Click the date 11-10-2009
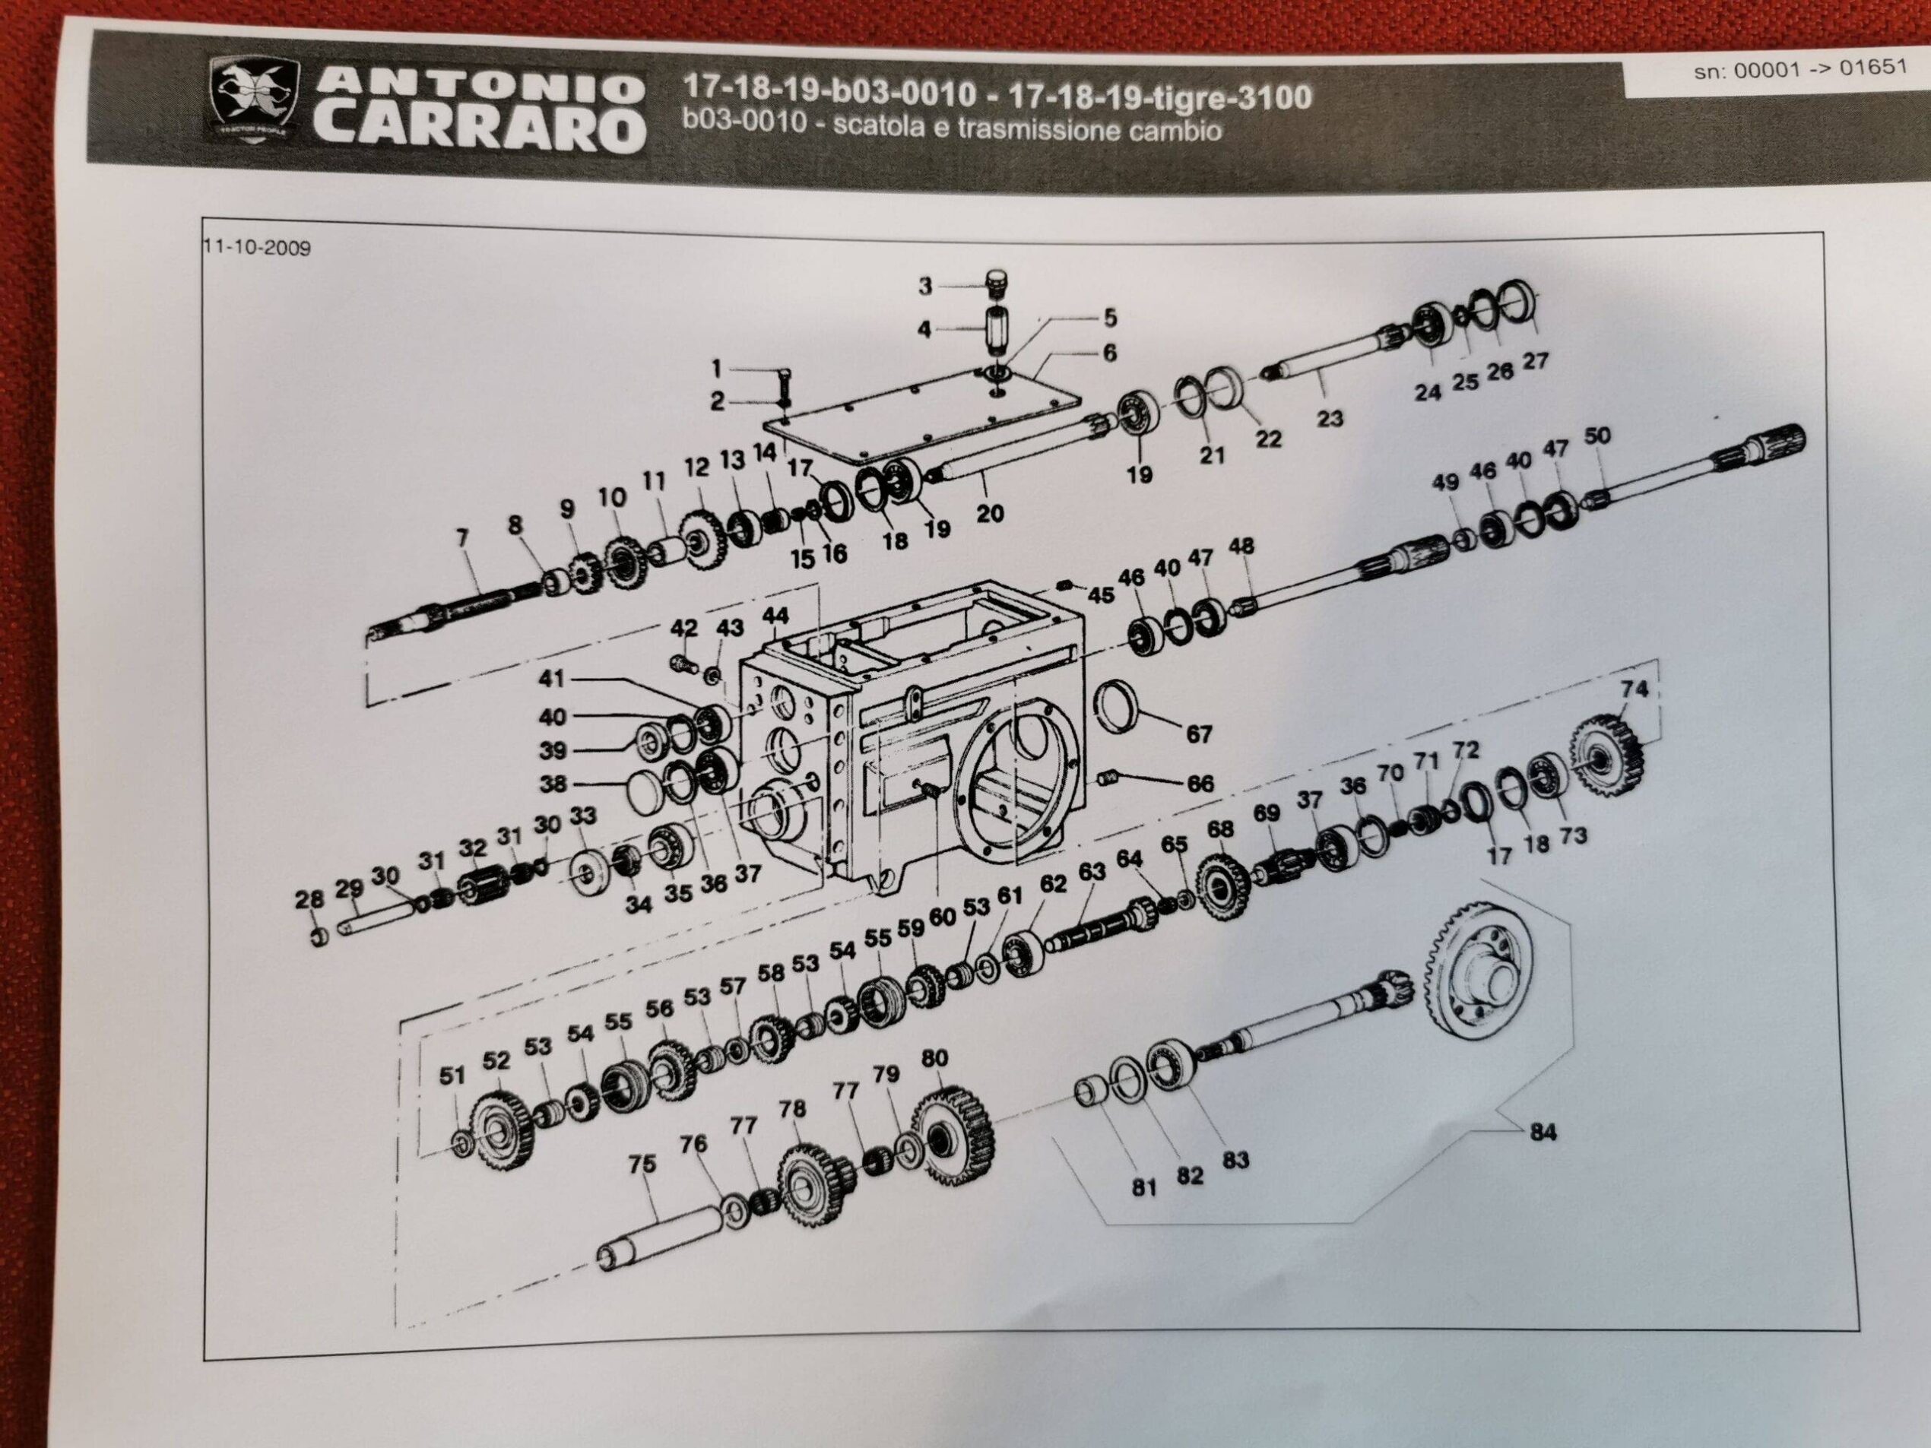257,247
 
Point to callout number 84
1543,1132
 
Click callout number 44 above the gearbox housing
775,617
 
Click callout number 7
463,538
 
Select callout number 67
1199,734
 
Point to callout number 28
310,898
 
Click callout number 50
1596,436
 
